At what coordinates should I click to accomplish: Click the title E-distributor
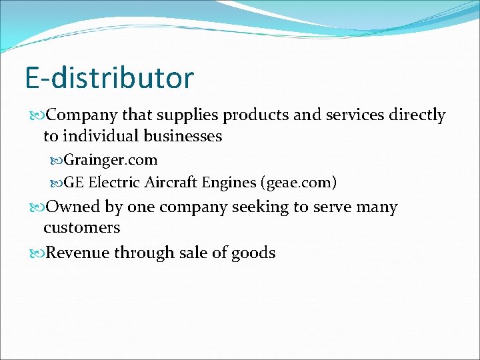click(109, 77)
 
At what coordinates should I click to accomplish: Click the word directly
click(417, 116)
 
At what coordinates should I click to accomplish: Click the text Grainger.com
click(111, 160)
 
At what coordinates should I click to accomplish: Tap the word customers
click(82, 228)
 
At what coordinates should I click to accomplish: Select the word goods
click(254, 253)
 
